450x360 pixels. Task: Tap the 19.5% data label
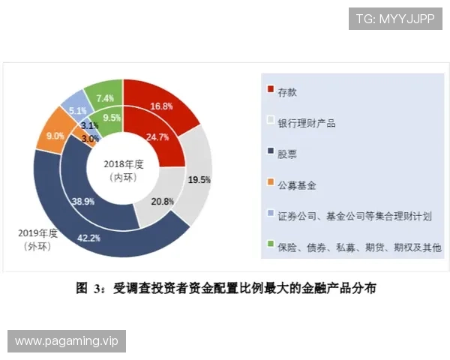click(199, 180)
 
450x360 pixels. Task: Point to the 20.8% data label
click(163, 202)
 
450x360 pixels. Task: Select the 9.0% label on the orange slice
click(55, 136)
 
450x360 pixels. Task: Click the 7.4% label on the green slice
click(105, 98)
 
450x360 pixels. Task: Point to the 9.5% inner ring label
click(112, 118)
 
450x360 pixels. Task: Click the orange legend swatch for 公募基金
click(271, 183)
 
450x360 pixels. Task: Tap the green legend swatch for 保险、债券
click(271, 245)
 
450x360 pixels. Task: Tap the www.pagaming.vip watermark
click(66, 341)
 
